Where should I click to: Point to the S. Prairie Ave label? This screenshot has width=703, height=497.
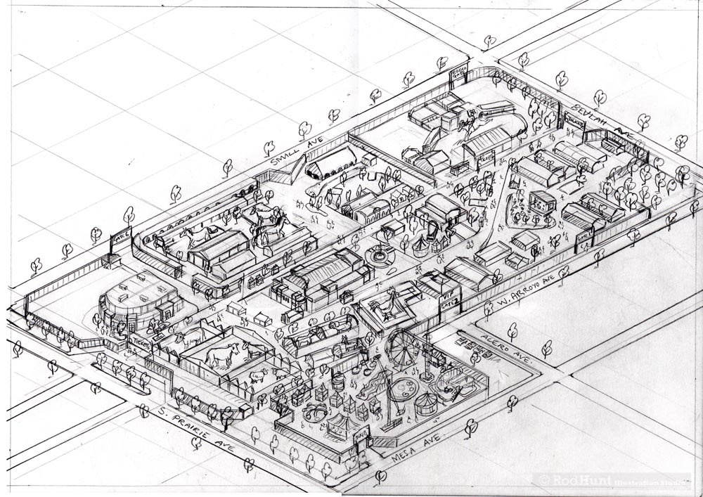[186, 428]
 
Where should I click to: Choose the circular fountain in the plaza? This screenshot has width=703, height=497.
[380, 257]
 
